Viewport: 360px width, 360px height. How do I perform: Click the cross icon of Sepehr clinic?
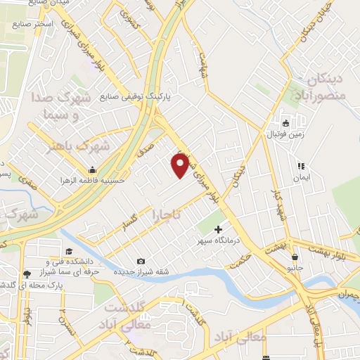218,229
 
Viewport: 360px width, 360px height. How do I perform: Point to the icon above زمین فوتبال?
286,121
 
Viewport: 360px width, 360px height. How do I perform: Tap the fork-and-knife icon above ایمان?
300,167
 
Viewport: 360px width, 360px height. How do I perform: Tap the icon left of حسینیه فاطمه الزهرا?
92,169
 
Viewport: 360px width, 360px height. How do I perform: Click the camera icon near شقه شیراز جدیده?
141,262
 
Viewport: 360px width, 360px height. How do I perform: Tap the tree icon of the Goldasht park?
26,273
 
